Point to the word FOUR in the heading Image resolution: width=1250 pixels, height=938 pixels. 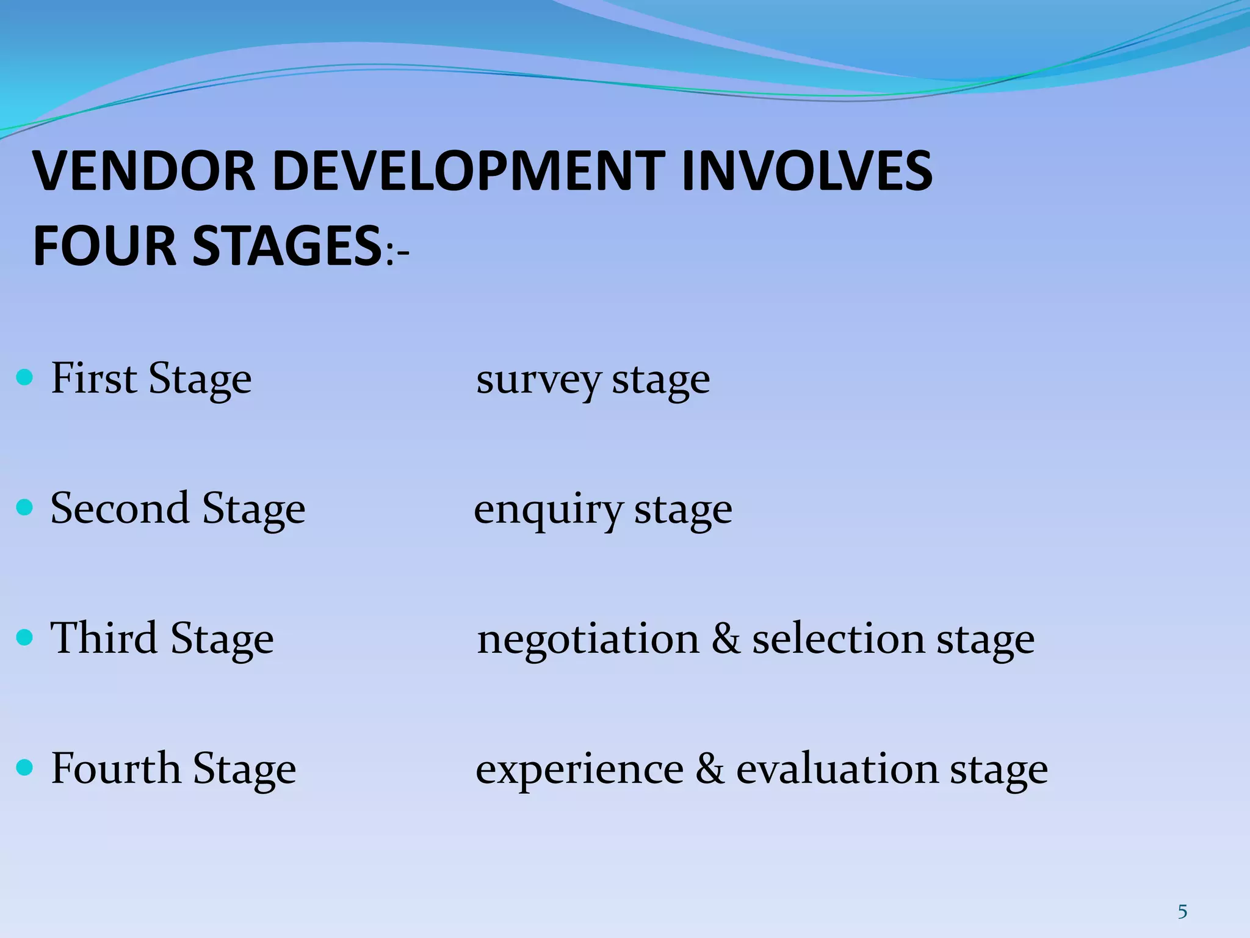click(104, 246)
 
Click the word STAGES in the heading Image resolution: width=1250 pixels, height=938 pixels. click(287, 246)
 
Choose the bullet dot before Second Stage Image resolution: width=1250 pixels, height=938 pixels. click(24, 507)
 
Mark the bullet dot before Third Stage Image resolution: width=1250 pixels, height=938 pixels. click(24, 638)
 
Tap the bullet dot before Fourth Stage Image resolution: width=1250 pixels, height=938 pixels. click(24, 767)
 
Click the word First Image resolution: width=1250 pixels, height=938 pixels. click(94, 378)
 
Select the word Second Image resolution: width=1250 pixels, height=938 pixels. click(120, 508)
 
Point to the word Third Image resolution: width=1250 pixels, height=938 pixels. click(104, 638)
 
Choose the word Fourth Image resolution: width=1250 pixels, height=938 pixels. click(116, 768)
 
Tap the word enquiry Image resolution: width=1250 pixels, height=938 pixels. click(548, 511)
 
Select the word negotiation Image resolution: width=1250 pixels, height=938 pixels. click(588, 640)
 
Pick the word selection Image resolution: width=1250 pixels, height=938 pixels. click(839, 639)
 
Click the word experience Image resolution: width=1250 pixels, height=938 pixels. click(579, 770)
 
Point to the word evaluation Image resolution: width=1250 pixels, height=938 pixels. click(837, 769)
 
